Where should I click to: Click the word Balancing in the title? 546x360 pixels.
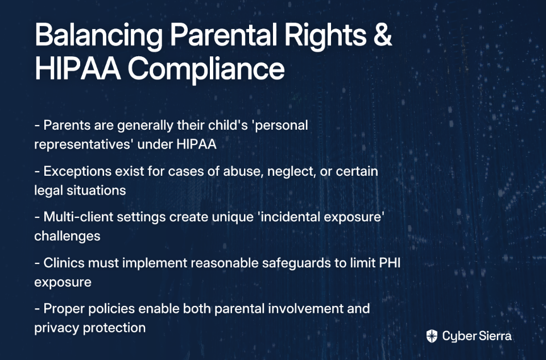pos(98,36)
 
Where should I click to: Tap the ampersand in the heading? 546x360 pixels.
pos(383,35)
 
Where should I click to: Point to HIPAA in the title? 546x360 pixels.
pos(78,69)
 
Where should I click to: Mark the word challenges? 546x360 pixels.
pos(67,236)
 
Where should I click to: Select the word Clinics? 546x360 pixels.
pos(64,263)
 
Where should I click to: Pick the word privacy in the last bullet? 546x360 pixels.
pos(57,328)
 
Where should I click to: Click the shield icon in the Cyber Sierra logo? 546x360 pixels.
pos(432,336)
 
